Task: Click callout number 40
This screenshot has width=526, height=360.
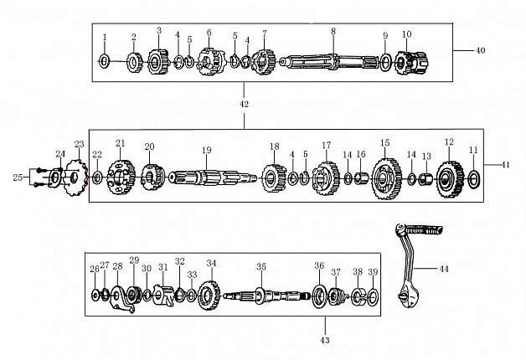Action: point(481,51)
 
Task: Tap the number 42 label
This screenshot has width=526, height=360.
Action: point(245,105)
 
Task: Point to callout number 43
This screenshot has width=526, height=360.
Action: point(326,342)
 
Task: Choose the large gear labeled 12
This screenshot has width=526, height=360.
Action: point(450,177)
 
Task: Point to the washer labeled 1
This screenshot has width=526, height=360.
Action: point(105,61)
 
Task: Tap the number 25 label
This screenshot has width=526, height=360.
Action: point(18,177)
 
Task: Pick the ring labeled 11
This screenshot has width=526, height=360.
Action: point(474,177)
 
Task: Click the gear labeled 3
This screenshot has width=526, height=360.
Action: point(158,61)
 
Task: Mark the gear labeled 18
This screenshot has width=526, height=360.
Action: point(273,177)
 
